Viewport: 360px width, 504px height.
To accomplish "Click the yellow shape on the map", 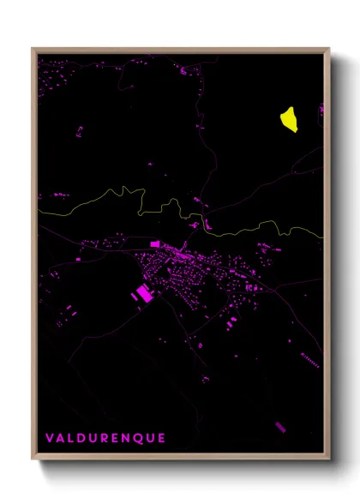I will click(x=289, y=119).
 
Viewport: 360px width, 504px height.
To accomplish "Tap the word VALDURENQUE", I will click(x=105, y=438).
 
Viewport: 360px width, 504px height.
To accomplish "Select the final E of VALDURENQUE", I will click(x=161, y=438).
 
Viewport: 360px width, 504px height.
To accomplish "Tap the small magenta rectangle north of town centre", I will click(x=155, y=244).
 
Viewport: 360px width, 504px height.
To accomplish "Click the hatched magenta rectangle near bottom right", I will click(x=280, y=426).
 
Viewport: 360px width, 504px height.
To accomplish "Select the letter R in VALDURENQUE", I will click(x=106, y=438).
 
